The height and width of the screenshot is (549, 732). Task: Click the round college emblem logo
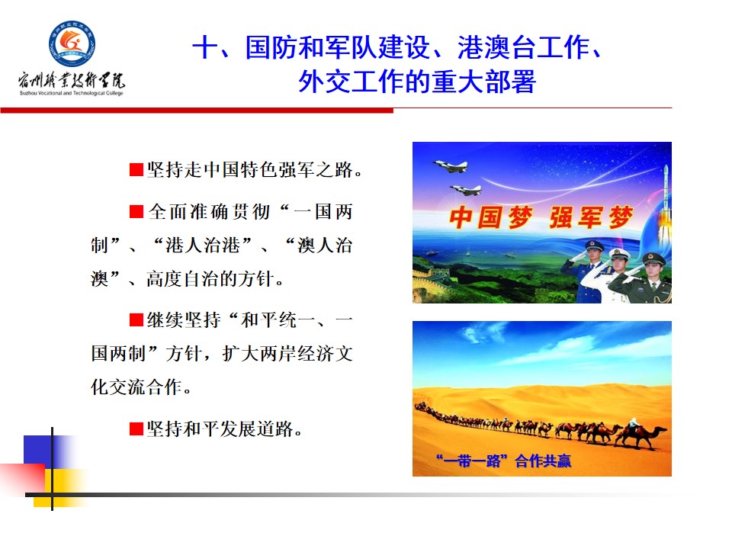click(x=72, y=43)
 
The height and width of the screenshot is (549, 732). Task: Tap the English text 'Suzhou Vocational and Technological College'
click(x=72, y=93)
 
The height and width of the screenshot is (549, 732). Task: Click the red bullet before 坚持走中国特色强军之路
click(x=136, y=170)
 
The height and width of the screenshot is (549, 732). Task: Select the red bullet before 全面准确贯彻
click(x=136, y=212)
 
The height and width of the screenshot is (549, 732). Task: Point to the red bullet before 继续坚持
click(x=136, y=320)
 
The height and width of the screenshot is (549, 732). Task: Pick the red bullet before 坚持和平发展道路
click(x=136, y=429)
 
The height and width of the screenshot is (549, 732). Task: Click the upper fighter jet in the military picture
click(x=450, y=165)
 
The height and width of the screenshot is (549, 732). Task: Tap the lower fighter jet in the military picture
click(x=465, y=190)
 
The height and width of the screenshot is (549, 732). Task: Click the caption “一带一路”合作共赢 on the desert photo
click(x=503, y=461)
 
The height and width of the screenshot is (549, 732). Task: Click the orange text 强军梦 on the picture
click(x=591, y=217)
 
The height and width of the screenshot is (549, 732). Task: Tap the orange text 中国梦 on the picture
click(x=490, y=217)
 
